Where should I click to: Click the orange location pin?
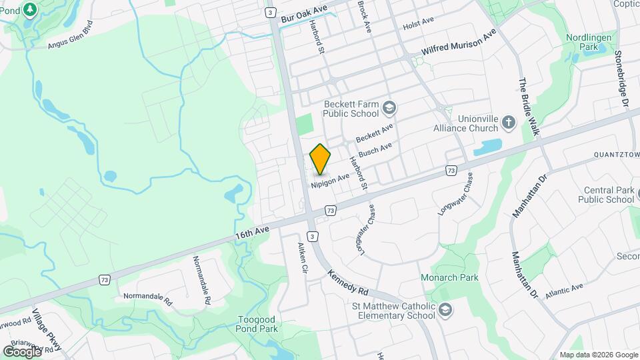tap(321, 159)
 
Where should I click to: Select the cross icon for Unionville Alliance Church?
tap(509, 123)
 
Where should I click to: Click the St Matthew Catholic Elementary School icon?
tap(445, 310)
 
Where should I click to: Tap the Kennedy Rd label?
tap(348, 282)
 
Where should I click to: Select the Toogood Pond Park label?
tap(257, 323)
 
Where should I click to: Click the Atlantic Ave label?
tap(563, 291)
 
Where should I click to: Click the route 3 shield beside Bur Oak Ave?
tap(270, 13)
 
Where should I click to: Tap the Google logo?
tap(22, 351)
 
